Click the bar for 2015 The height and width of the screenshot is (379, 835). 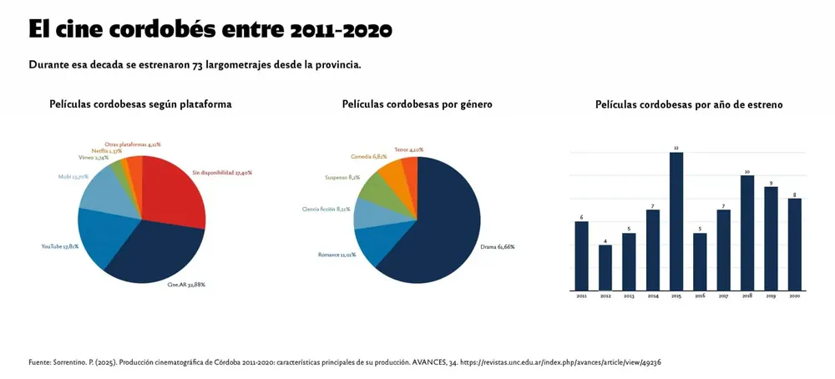click(676, 221)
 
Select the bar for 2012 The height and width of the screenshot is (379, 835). click(605, 267)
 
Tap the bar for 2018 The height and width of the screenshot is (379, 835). click(747, 233)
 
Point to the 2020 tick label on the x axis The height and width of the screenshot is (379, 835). click(794, 296)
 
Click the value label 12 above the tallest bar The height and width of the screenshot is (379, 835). click(676, 148)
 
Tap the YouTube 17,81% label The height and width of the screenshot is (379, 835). click(59, 246)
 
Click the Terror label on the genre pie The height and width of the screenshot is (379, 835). click(408, 149)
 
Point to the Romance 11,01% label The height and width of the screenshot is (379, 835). click(337, 255)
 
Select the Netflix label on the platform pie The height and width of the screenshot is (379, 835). click(107, 151)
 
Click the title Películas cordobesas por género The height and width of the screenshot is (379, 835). click(417, 104)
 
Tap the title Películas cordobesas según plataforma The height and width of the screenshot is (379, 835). click(140, 104)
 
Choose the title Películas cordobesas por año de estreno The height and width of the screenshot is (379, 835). click(688, 105)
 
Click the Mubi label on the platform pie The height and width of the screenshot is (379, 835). click(73, 176)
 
